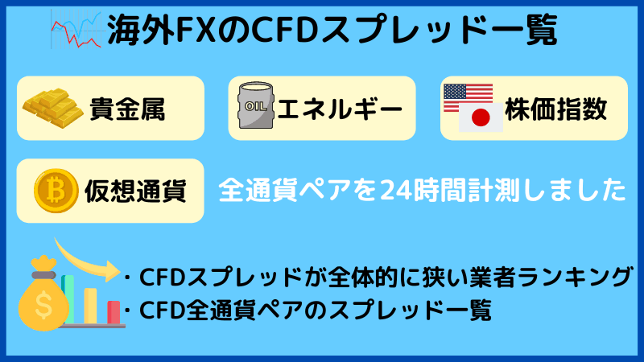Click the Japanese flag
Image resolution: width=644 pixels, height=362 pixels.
coord(480,119)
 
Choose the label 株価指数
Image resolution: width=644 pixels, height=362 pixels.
coord(556,109)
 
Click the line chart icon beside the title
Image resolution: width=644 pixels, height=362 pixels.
coord(73,31)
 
